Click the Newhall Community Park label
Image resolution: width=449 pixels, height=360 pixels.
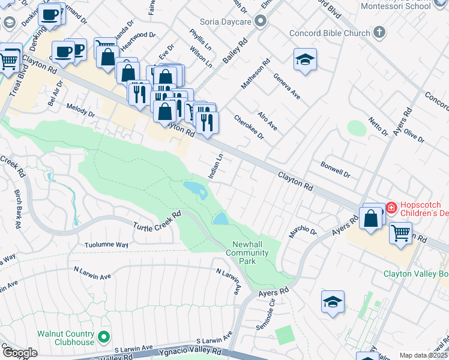tap(247, 253)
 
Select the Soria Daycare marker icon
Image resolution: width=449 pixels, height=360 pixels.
tap(260, 22)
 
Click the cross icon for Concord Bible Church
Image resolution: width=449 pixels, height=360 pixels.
tap(379, 32)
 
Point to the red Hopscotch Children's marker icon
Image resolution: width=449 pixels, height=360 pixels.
tap(391, 208)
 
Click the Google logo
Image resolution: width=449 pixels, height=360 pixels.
tap(20, 353)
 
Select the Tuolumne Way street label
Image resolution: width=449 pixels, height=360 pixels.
tap(106, 245)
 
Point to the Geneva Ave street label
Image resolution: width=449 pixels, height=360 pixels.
tap(286, 86)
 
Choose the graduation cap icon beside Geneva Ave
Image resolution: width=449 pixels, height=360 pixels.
tap(305, 59)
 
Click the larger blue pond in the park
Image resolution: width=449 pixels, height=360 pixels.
tap(196, 190)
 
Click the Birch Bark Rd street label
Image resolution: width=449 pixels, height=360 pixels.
tap(18, 209)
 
